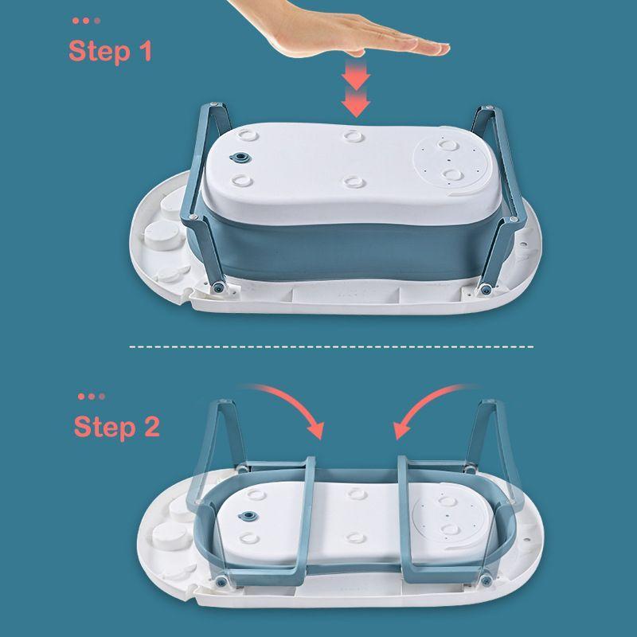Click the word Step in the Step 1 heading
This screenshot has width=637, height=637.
(100, 52)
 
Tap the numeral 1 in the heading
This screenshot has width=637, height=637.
(146, 50)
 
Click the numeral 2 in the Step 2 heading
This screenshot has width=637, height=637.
(152, 427)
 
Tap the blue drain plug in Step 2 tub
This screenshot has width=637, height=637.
(248, 517)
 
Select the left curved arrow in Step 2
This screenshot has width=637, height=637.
(288, 404)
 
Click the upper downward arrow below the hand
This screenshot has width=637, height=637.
(356, 74)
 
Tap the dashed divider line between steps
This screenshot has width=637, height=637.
(331, 347)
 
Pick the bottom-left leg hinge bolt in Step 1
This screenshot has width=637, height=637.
(220, 287)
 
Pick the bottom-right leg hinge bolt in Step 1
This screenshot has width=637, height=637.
(485, 289)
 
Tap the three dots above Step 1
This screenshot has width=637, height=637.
(86, 21)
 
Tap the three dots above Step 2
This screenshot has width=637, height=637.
(92, 397)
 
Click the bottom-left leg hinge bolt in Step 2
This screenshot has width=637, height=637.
(221, 582)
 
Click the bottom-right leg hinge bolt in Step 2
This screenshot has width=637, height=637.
(486, 580)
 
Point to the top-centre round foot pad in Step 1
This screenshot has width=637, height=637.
(354, 135)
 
